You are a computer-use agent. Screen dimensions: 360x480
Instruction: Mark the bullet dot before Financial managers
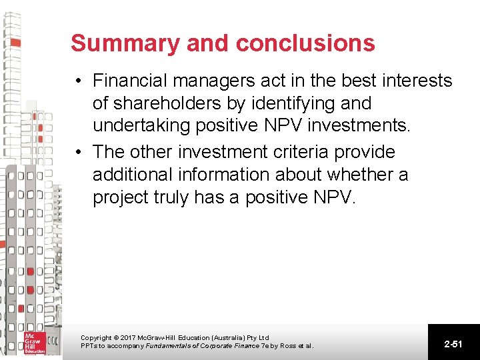79,82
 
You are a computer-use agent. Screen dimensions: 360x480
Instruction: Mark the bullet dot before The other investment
79,153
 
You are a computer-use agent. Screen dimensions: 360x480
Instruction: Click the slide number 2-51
453,344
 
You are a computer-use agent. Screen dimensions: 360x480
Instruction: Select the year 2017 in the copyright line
128,338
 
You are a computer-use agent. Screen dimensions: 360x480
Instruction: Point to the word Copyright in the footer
97,338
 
